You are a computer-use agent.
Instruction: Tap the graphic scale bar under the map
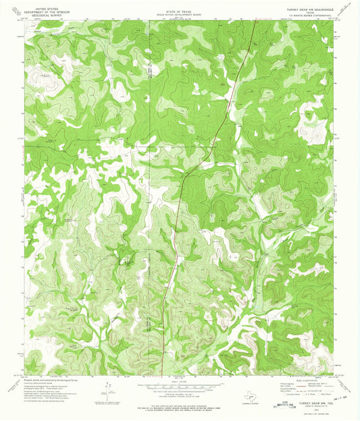click(179, 388)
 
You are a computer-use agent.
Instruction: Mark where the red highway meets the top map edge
click(253, 20)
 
